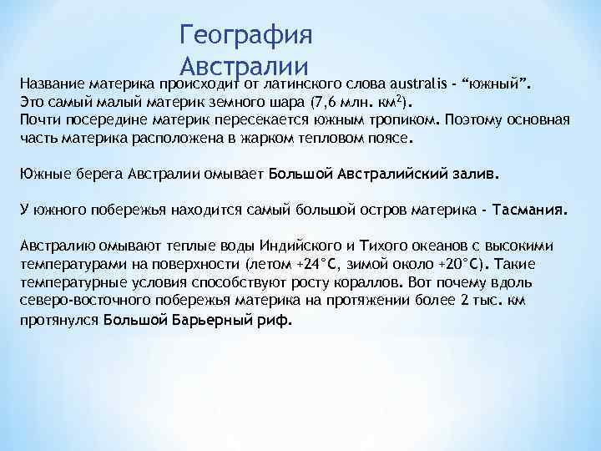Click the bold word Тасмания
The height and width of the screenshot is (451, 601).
(x=530, y=210)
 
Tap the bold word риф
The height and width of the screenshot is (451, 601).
(x=274, y=319)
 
